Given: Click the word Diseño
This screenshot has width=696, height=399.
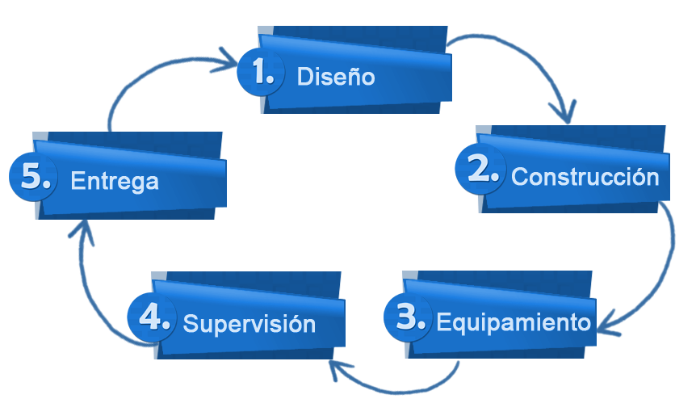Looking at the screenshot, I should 336,77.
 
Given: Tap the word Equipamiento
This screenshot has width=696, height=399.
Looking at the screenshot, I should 514,322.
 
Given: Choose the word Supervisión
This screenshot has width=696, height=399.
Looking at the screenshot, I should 249,324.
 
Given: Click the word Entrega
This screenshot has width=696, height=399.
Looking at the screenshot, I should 114,181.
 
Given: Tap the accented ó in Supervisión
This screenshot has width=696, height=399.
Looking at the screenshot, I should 294,324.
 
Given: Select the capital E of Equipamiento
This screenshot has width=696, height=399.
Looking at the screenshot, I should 443,322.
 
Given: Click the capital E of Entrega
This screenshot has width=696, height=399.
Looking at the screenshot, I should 78,181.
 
